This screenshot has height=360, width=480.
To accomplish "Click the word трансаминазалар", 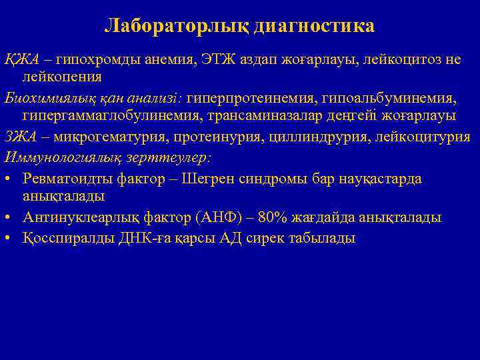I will (x=252, y=115).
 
